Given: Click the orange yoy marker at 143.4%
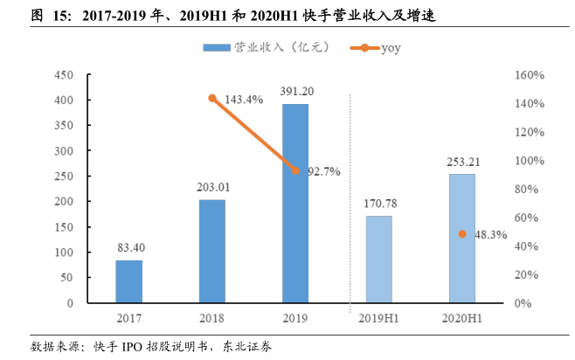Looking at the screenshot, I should coord(211,98).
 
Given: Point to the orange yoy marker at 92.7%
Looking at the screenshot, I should coord(294,170).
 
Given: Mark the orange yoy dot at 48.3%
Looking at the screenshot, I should coord(462,234).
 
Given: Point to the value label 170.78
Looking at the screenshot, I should coord(379,204).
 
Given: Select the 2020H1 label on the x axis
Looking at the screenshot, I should coord(462,320).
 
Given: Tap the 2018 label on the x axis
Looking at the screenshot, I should coord(211,320).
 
